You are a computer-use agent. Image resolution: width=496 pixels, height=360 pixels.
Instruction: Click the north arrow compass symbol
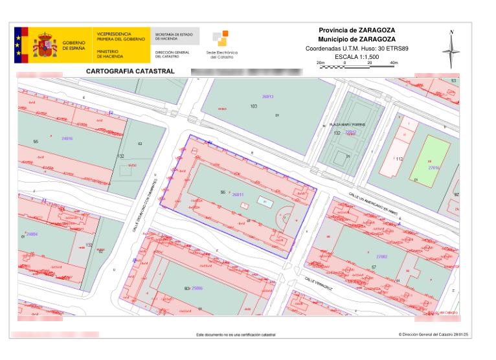(451, 49)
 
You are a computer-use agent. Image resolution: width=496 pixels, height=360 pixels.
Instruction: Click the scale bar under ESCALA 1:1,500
(357, 65)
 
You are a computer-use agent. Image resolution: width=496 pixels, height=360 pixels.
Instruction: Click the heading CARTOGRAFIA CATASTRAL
(126, 71)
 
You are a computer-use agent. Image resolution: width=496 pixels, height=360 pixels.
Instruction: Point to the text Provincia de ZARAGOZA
(357, 30)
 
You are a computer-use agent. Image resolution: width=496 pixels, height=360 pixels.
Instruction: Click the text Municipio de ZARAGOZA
(357, 39)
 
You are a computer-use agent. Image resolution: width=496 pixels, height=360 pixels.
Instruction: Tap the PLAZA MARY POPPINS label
(348, 124)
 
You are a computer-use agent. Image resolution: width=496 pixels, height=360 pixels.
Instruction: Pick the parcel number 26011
(238, 194)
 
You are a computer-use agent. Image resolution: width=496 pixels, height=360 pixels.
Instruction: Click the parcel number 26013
(267, 96)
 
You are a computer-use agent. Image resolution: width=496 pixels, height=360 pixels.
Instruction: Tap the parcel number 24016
(67, 138)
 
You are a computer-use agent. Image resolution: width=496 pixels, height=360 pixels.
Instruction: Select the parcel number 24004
(32, 234)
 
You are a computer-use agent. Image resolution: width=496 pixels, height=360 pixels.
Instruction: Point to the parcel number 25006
(197, 287)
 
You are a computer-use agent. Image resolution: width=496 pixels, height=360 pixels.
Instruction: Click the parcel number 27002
(381, 256)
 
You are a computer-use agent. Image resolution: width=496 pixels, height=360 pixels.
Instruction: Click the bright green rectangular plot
(429, 158)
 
